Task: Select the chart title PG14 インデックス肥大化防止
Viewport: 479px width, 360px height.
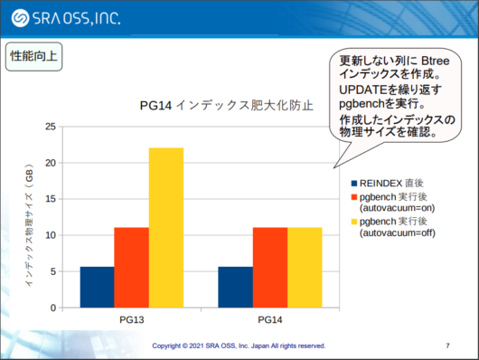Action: point(226,105)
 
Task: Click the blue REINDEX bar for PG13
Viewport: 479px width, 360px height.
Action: point(97,287)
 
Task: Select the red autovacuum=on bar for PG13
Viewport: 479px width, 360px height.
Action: point(131,267)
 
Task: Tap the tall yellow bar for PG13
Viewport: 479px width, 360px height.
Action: point(165,227)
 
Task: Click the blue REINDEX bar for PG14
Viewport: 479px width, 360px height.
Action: point(235,287)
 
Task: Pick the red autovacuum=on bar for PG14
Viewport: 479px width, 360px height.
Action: point(269,267)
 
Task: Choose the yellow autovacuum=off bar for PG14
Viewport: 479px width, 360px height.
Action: point(305,267)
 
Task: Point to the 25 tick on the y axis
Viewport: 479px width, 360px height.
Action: point(51,127)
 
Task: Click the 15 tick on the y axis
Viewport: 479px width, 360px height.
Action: point(51,199)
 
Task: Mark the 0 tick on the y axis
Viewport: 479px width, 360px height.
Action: point(53,308)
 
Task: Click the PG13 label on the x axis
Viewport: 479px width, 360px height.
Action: point(131,320)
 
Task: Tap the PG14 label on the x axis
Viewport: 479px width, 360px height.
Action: point(269,320)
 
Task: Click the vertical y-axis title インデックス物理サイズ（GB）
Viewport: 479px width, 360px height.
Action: point(30,226)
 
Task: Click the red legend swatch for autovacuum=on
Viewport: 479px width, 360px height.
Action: point(353,195)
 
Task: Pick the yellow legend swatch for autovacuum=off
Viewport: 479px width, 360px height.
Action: point(353,221)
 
